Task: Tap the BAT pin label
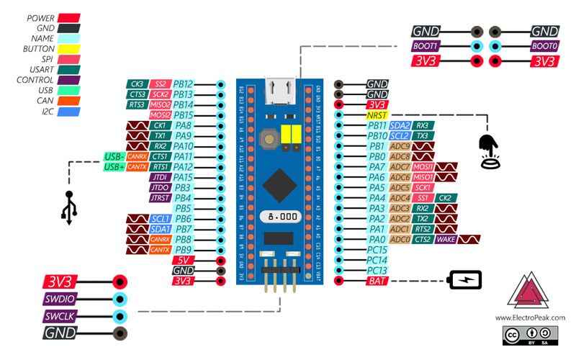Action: [376, 281]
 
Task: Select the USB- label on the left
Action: [114, 156]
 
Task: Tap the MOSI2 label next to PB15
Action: [160, 115]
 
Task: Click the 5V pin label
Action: [183, 260]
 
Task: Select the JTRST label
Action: [160, 198]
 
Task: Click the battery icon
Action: [467, 279]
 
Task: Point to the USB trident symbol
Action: [69, 207]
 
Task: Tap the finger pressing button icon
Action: [490, 152]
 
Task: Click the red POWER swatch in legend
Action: [69, 17]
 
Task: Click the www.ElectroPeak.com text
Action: [530, 317]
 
